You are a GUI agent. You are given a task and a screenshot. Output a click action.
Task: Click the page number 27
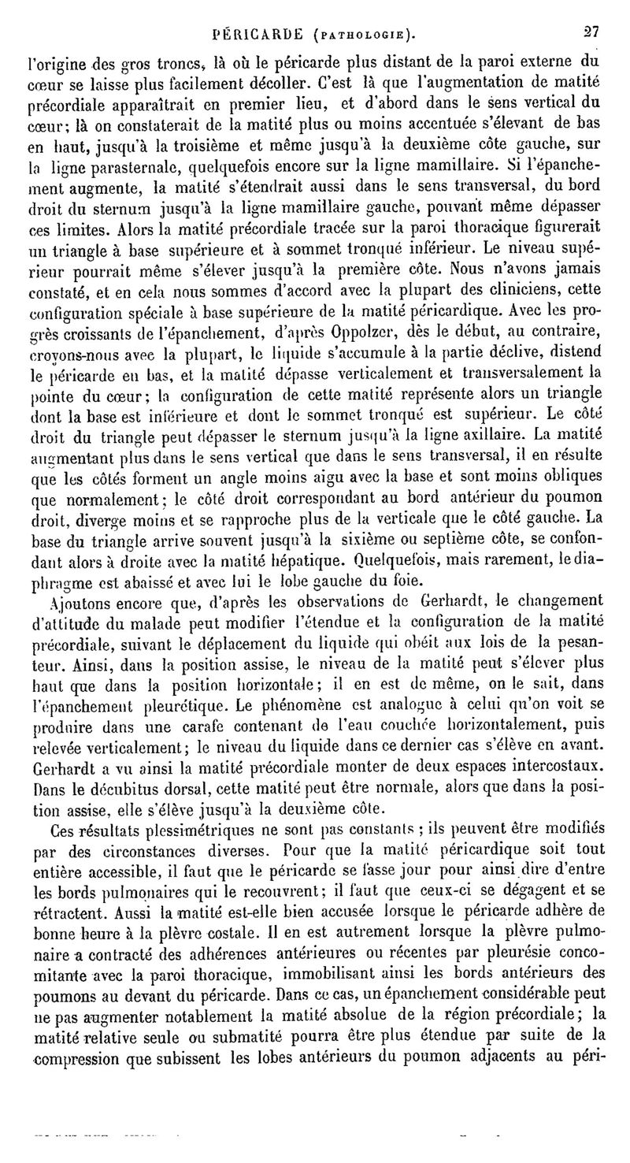[x=591, y=34]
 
